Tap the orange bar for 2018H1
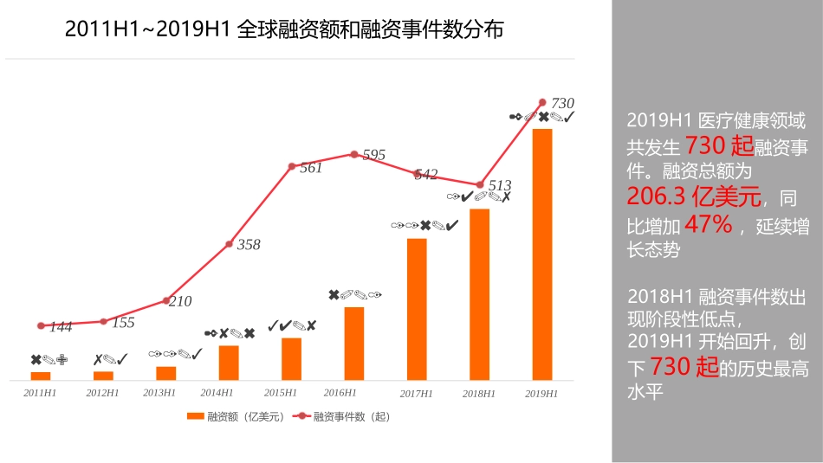[479, 294]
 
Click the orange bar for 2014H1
[229, 363]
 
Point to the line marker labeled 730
[542, 102]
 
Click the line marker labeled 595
[354, 154]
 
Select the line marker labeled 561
[292, 165]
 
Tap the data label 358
[249, 245]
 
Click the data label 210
[179, 302]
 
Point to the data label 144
[61, 327]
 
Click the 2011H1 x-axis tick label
[41, 393]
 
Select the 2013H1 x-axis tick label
[159, 393]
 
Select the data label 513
[500, 186]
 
